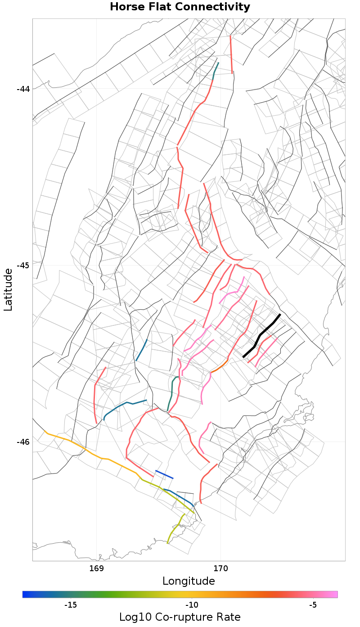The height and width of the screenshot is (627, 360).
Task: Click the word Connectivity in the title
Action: pyautogui.click(x=216, y=7)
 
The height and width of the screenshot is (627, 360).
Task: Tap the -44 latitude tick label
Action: pyautogui.click(x=23, y=89)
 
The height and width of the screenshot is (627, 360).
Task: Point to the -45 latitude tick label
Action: pyautogui.click(x=23, y=265)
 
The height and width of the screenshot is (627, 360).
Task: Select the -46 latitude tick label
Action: pyautogui.click(x=23, y=442)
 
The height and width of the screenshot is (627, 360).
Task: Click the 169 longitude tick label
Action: pyautogui.click(x=97, y=568)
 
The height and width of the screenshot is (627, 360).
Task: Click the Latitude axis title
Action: pyautogui.click(x=8, y=289)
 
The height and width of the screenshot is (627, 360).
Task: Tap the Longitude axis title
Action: pyautogui.click(x=189, y=581)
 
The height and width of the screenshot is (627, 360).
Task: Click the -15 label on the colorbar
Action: pyautogui.click(x=71, y=604)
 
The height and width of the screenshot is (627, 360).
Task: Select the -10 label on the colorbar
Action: pyautogui.click(x=192, y=604)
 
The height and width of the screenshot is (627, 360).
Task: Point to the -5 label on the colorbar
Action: pyautogui.click(x=314, y=604)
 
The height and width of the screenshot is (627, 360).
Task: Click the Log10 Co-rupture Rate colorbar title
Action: pyautogui.click(x=180, y=617)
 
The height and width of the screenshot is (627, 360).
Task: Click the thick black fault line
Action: pyautogui.click(x=262, y=335)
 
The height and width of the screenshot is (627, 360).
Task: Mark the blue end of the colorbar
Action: pyautogui.click(x=24, y=595)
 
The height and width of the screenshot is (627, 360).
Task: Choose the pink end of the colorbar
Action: pyautogui.click(x=336, y=595)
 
